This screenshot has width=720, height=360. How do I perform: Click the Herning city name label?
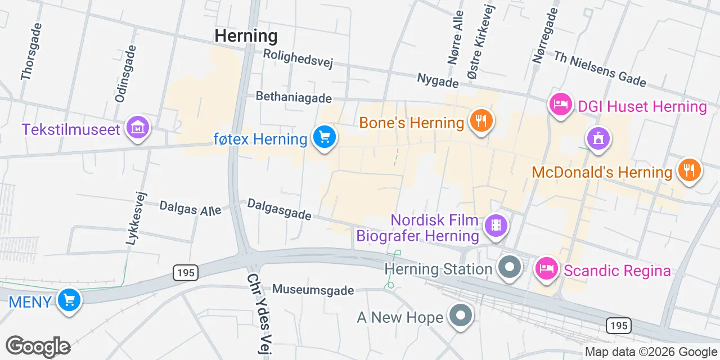pyautogui.click(x=246, y=36)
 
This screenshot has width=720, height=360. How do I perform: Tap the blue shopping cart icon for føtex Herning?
pyautogui.click(x=324, y=137)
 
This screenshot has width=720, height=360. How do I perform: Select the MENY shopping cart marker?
pyautogui.click(x=69, y=300)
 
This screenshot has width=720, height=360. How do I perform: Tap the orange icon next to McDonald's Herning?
pyautogui.click(x=689, y=170)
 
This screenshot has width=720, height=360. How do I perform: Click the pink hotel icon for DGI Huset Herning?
pyautogui.click(x=560, y=105)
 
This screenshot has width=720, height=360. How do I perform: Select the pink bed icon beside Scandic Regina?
pyautogui.click(x=546, y=268)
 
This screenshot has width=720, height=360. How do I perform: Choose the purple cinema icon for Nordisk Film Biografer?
pyautogui.click(x=495, y=226)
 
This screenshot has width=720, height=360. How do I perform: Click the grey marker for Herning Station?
pyautogui.click(x=510, y=267)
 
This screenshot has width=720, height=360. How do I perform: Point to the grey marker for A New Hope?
pyautogui.click(x=461, y=315)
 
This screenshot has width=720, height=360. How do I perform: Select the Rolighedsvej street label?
pyautogui.click(x=298, y=58)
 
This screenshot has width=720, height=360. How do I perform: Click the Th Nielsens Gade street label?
pyautogui.click(x=600, y=69)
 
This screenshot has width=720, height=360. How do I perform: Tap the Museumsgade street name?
pyautogui.click(x=313, y=290)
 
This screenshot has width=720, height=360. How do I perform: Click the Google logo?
pyautogui.click(x=38, y=346)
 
